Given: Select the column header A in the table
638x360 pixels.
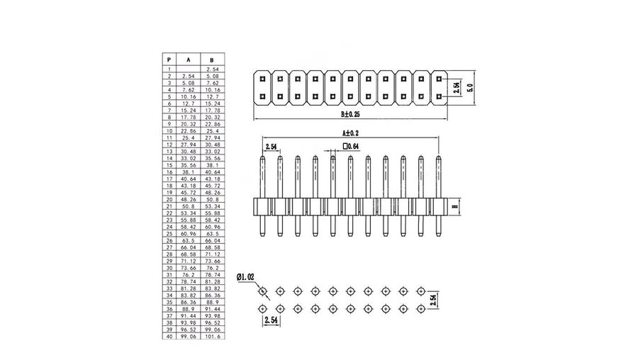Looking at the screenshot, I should (188, 60).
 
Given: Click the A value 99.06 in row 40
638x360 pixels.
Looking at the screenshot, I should (188, 337).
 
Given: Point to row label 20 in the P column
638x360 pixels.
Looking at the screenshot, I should (169, 199).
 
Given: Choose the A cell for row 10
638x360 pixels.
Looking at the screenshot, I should (188, 130).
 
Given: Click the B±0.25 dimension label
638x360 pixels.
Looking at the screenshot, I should (351, 113).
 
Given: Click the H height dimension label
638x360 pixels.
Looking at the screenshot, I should (454, 207).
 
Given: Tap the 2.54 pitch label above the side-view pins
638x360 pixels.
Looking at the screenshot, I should (271, 147).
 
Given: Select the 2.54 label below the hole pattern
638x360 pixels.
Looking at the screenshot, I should (271, 320).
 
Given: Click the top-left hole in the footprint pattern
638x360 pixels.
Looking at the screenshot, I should (264, 291).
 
